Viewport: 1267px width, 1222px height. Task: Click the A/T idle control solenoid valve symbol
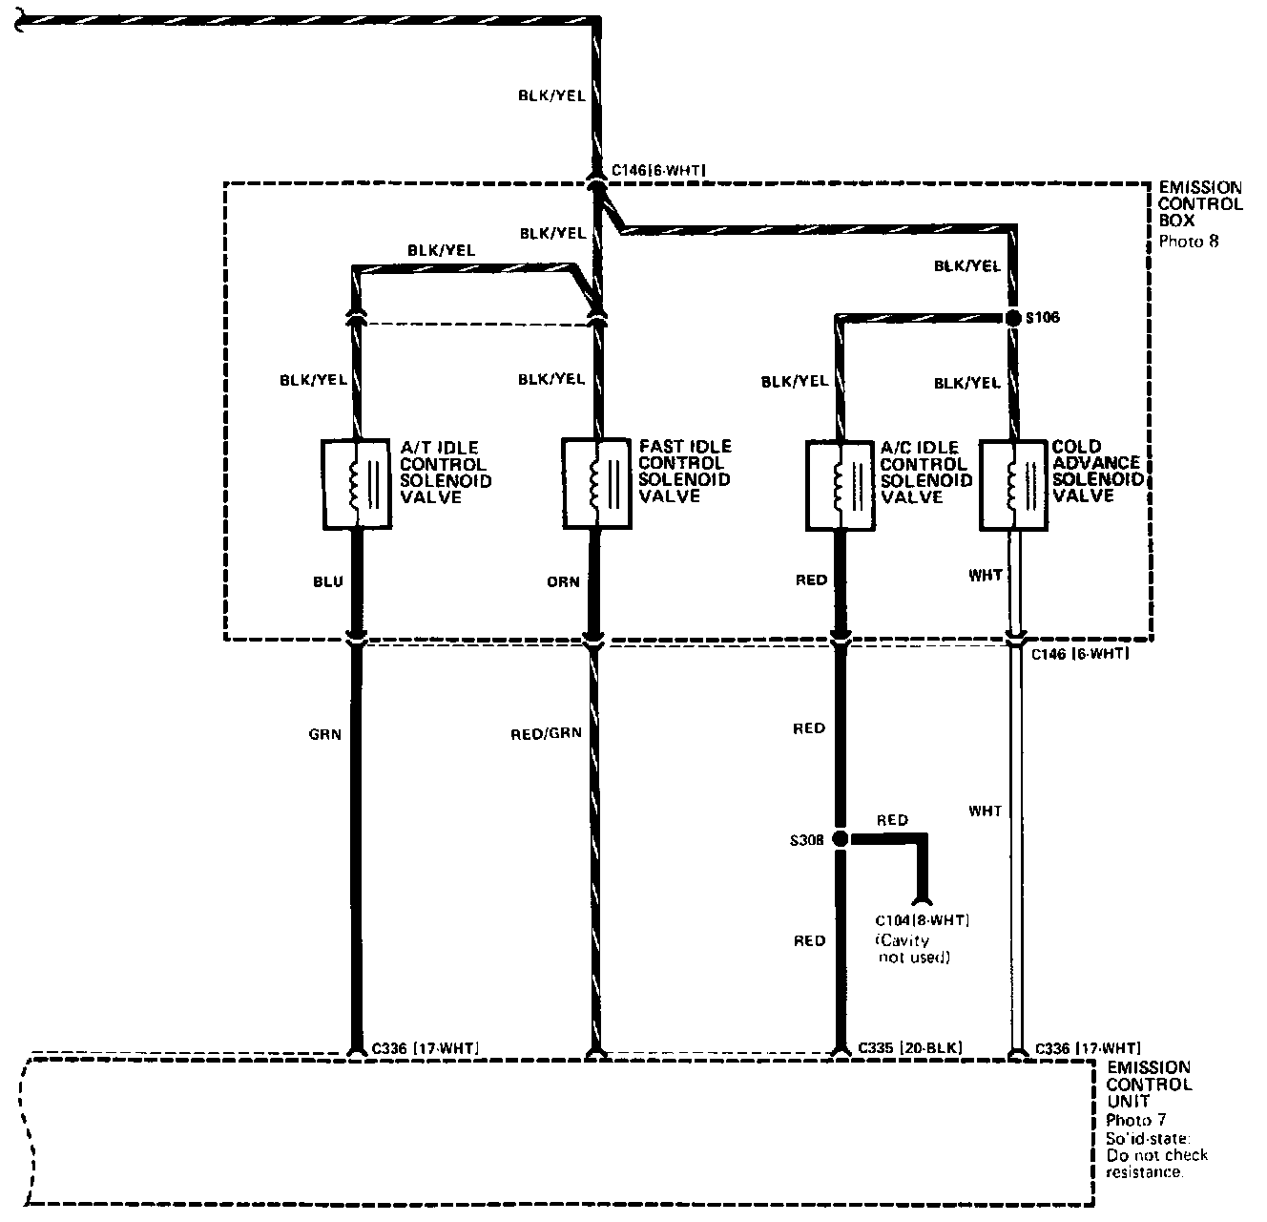[357, 483]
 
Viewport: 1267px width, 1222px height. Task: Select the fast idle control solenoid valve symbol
[597, 482]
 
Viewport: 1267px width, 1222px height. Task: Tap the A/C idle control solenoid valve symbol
[840, 484]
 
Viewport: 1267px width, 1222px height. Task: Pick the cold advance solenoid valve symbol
[1015, 484]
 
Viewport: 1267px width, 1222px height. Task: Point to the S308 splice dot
[840, 839]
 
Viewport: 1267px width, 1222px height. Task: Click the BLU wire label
[327, 581]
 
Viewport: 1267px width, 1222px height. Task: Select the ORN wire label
[564, 581]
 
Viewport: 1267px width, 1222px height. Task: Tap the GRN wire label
[325, 734]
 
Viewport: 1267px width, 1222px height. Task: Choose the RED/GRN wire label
[547, 734]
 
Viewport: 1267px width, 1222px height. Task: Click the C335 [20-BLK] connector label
[910, 1048]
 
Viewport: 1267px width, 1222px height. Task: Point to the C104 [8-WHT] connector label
[922, 921]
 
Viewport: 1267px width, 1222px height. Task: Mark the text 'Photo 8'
[1188, 242]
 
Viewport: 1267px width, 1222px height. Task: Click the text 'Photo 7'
[1135, 1120]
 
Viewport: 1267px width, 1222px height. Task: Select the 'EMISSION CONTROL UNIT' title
[1149, 1085]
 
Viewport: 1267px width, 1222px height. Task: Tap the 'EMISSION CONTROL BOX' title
[1200, 204]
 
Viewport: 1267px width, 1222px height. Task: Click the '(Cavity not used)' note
[913, 949]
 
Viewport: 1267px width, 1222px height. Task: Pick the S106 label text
[1042, 317]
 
